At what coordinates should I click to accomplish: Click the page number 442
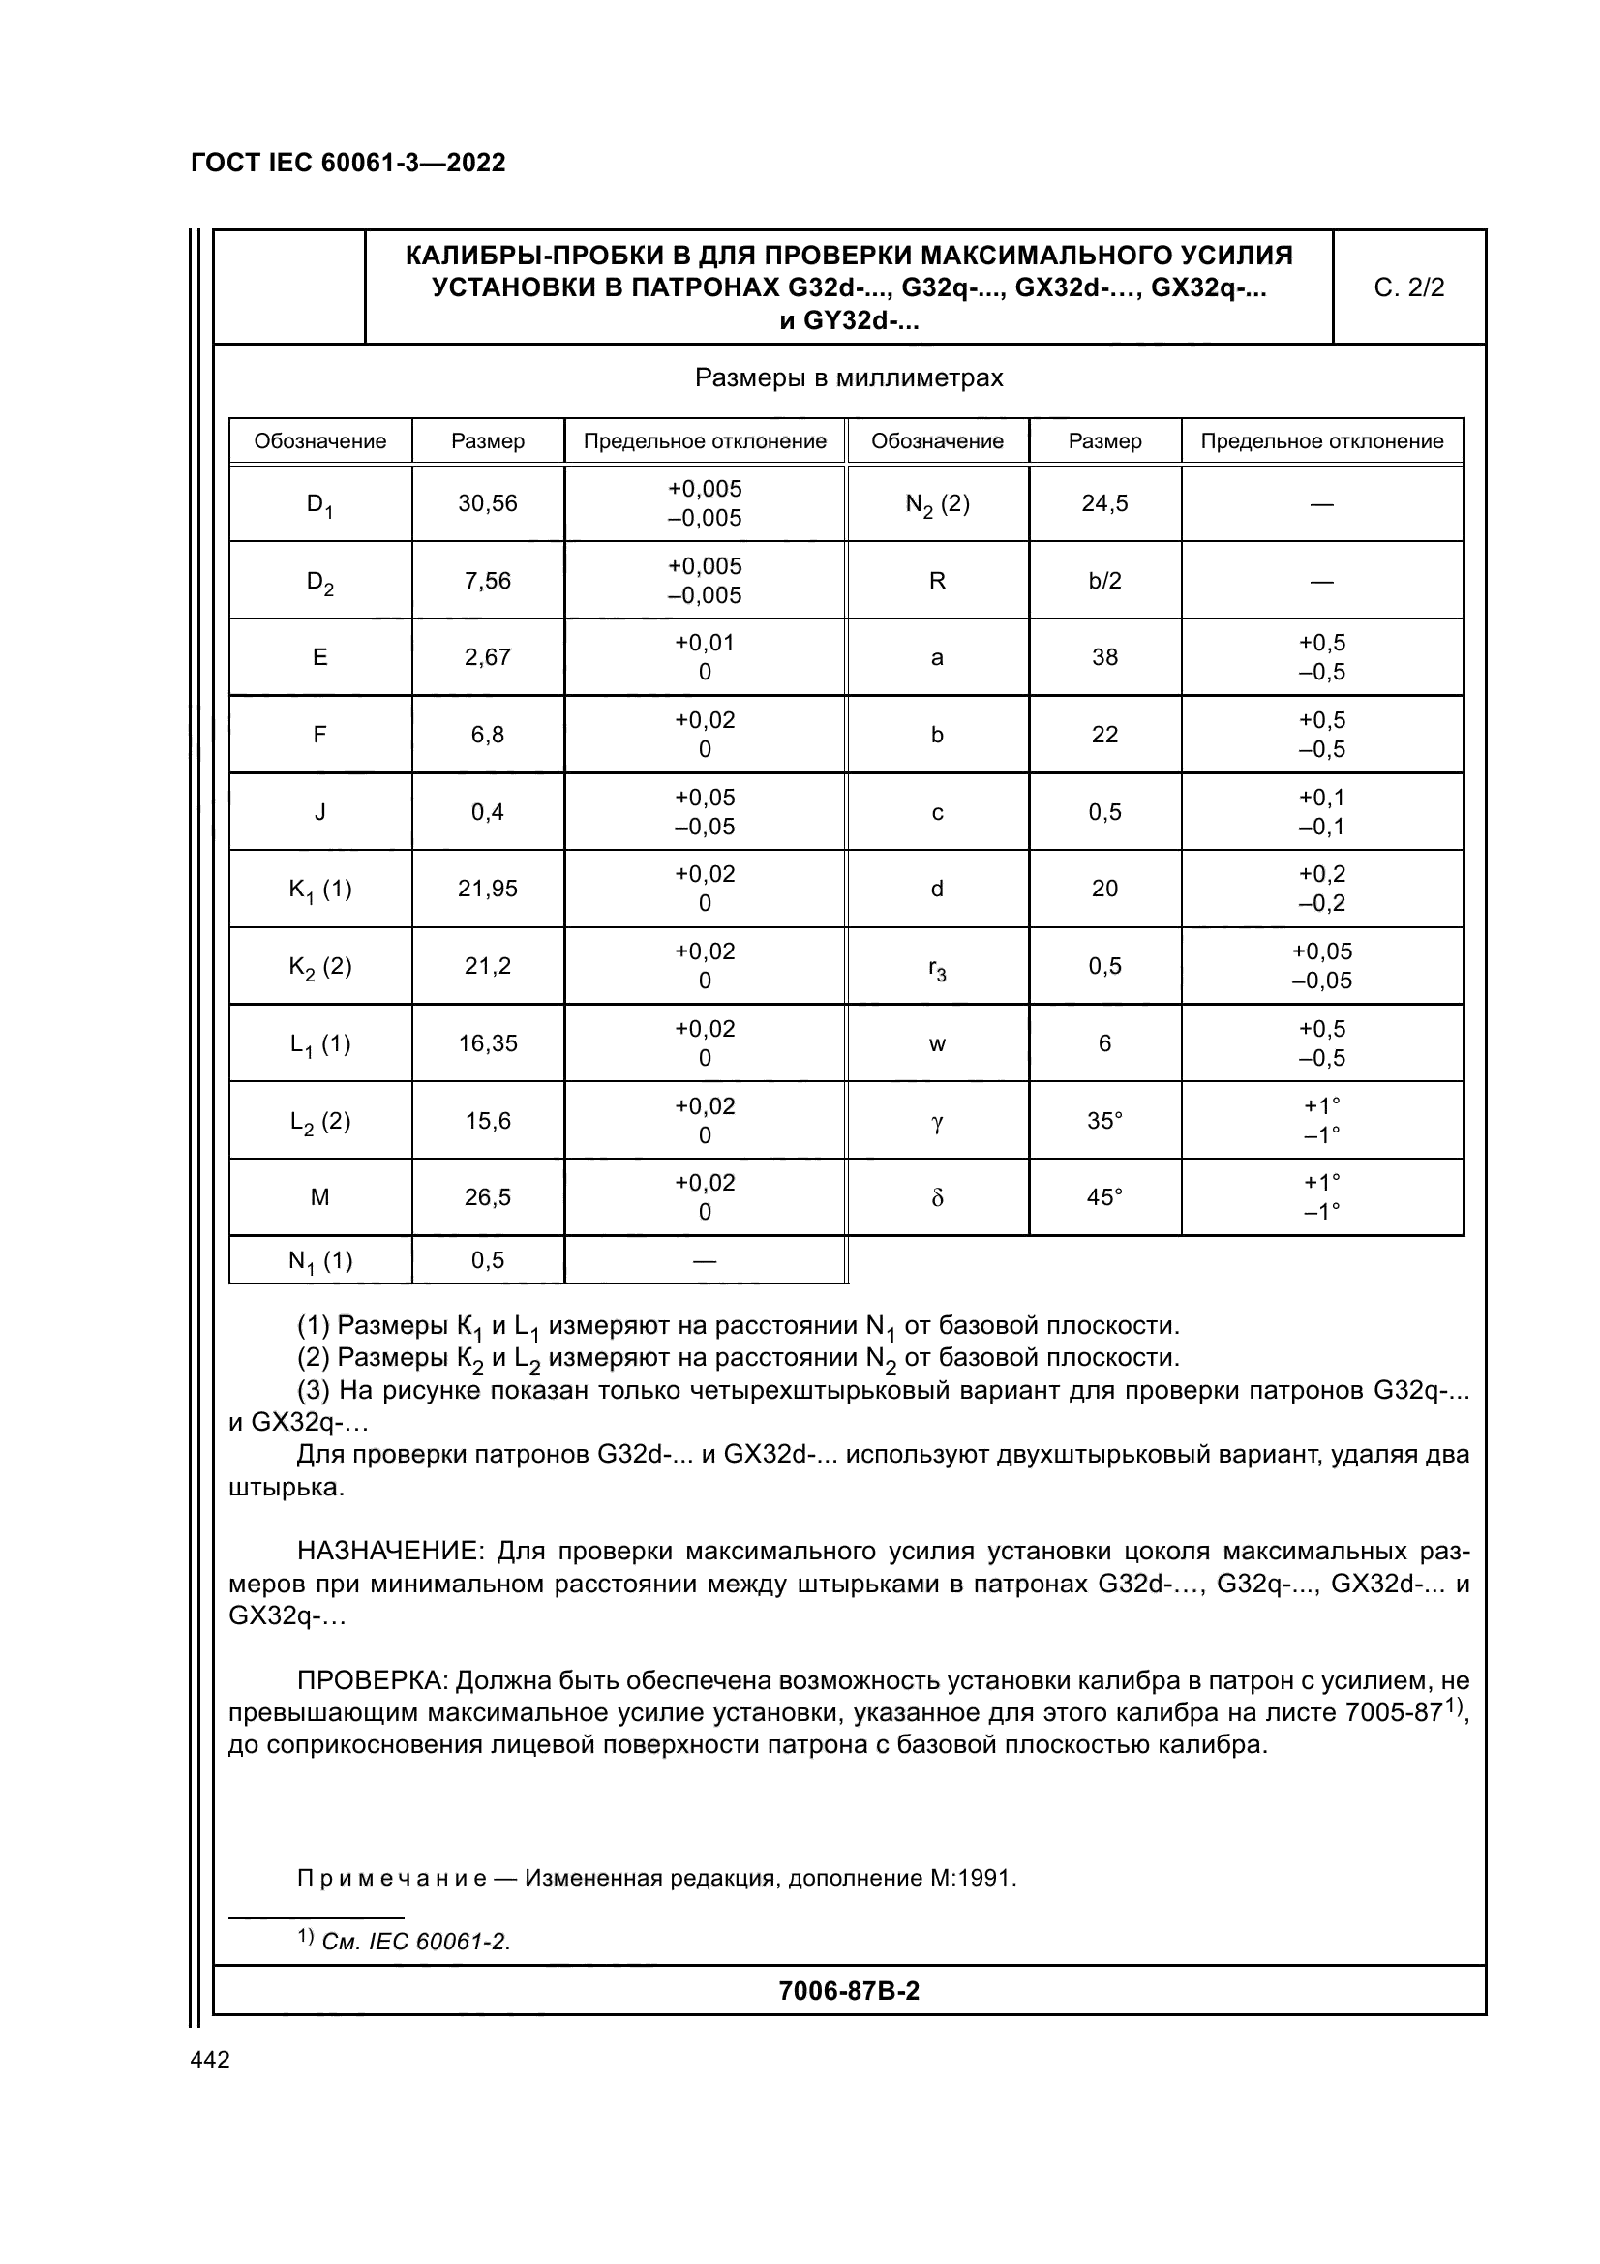click(210, 2060)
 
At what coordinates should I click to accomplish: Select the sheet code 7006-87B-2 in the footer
click(848, 1991)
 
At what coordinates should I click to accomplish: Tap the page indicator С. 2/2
click(1407, 287)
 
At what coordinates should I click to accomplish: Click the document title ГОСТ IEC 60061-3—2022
click(348, 163)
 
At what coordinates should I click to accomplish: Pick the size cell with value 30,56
click(487, 504)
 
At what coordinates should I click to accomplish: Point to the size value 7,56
click(487, 581)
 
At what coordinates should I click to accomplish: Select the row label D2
click(319, 583)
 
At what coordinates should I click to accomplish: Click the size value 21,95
click(487, 889)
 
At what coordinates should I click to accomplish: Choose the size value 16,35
click(487, 1043)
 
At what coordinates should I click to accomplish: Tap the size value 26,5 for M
click(487, 1197)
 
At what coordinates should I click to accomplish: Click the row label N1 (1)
click(319, 1261)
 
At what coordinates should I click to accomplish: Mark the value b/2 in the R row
click(1104, 581)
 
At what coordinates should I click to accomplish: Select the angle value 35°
click(1104, 1120)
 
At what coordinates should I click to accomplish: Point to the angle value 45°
click(1104, 1197)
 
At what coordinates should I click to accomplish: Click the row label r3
click(937, 967)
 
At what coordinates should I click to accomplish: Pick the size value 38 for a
click(1104, 657)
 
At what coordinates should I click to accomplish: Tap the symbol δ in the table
click(937, 1198)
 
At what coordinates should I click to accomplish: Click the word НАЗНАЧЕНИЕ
click(389, 1551)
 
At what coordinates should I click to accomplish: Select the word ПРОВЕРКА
click(372, 1680)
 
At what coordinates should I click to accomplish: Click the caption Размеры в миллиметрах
click(848, 377)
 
